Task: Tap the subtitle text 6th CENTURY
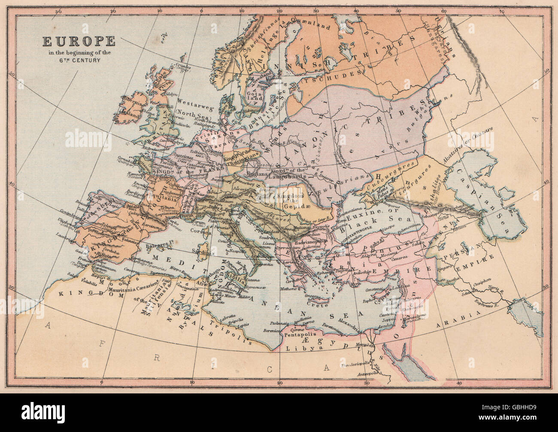[x=78, y=60]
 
